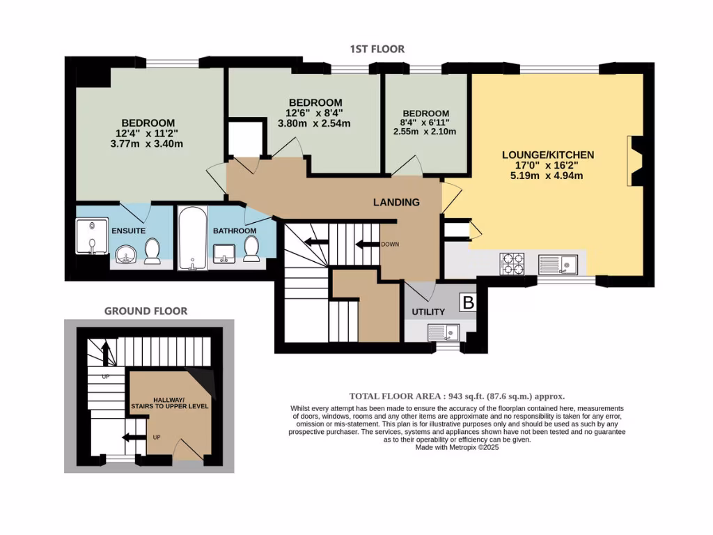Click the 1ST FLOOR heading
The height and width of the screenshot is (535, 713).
[377, 49]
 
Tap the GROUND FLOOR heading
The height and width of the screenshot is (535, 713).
[146, 311]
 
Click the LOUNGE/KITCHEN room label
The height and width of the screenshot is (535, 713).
[549, 155]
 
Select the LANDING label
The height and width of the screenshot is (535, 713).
[396, 203]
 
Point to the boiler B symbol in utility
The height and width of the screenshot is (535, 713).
[469, 302]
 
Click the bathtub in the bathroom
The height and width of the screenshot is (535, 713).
[190, 237]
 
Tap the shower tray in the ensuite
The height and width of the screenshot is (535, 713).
[91, 237]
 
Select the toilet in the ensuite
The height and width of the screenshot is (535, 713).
[153, 250]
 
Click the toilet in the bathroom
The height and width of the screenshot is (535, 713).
[252, 249]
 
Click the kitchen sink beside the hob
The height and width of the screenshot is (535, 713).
[559, 263]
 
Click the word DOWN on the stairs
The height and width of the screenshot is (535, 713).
[389, 245]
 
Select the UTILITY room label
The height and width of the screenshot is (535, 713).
[428, 312]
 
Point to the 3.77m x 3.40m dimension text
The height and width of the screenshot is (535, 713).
[146, 144]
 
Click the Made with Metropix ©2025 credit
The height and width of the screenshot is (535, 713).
[457, 447]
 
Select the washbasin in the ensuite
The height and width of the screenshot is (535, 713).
[126, 254]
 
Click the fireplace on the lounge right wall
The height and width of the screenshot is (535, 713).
[634, 162]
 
